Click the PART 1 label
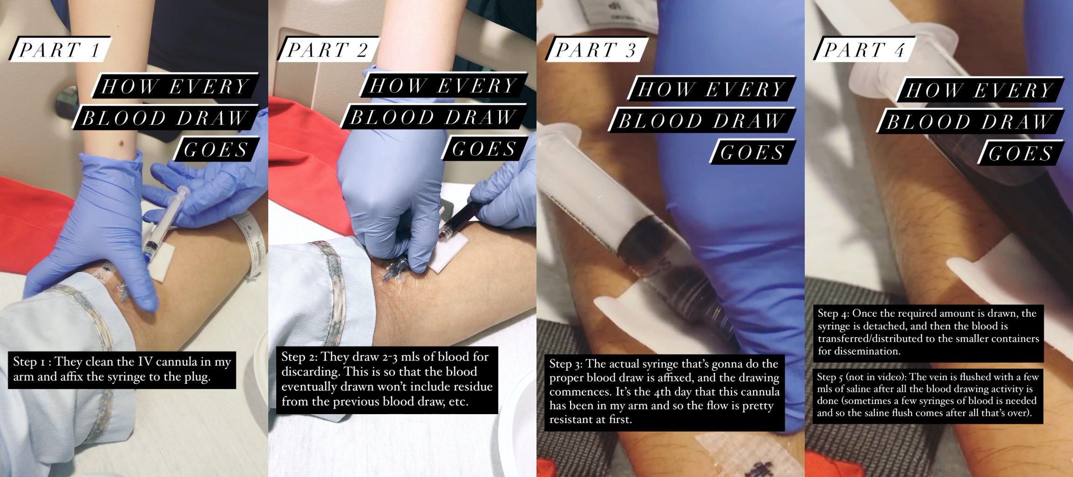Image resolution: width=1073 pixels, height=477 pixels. click(x=60, y=49)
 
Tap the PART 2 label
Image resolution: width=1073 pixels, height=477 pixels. click(x=328, y=49)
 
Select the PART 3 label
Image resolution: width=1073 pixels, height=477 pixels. click(x=596, y=49)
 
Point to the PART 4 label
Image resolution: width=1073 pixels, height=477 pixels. click(x=864, y=49)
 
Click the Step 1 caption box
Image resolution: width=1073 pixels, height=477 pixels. click(x=122, y=369)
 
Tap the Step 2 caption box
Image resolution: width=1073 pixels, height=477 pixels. click(x=387, y=379)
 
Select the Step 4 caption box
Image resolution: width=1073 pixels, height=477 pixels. click(x=928, y=332)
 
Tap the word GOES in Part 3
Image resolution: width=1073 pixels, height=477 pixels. click(x=752, y=152)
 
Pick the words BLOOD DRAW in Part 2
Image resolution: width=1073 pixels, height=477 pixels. click(x=433, y=117)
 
